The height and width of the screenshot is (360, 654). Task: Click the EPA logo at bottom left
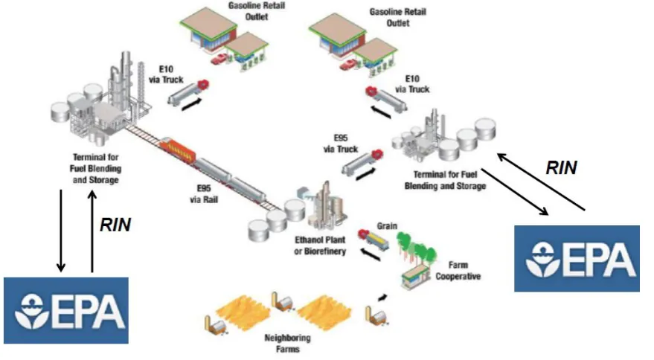[x=66, y=310]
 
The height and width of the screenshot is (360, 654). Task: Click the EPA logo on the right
[x=577, y=259]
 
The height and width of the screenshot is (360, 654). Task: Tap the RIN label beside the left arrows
[x=115, y=225]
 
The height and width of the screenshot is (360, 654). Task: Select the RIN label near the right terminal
[x=562, y=167]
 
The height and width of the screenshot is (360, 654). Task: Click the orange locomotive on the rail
[x=177, y=150]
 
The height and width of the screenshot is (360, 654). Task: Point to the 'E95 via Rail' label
[x=204, y=194]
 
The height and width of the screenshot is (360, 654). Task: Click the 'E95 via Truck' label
[x=340, y=144]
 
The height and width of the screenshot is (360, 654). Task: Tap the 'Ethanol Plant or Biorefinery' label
[x=321, y=245]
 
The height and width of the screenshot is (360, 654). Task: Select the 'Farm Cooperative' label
[x=458, y=271]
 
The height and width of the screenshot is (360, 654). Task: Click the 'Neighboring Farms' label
[x=287, y=344]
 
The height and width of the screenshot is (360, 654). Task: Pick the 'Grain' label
[x=387, y=226]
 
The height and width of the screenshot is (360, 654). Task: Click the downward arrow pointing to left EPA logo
[x=61, y=231]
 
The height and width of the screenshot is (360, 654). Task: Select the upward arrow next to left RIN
[x=92, y=231]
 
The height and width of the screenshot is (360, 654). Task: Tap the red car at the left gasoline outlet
[x=219, y=59]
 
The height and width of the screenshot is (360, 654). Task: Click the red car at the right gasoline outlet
[x=348, y=65]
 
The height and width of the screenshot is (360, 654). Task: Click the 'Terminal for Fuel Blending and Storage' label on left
[x=95, y=169]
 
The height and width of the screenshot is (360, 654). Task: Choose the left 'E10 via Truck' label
[x=166, y=74]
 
